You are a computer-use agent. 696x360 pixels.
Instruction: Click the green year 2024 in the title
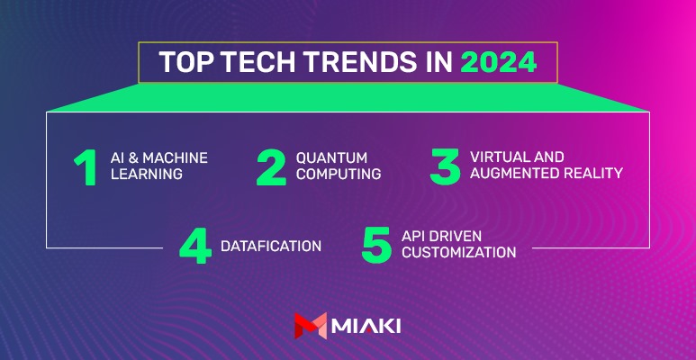[498, 62]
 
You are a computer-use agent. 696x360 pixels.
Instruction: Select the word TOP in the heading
[182, 62]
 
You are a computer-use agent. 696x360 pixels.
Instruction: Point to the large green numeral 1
[86, 168]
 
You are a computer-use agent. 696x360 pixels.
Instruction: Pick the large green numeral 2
[271, 168]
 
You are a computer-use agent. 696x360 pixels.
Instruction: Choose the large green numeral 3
[445, 168]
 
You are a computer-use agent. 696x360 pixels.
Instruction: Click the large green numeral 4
[195, 247]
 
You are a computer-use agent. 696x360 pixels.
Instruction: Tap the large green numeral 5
[376, 246]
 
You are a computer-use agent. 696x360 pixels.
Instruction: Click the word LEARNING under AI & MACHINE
[147, 174]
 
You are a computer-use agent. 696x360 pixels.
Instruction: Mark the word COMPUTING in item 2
[339, 174]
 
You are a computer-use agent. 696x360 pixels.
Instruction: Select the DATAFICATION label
[271, 246]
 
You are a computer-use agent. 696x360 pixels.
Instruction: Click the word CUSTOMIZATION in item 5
[458, 252]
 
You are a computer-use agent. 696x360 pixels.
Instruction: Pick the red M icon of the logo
[311, 326]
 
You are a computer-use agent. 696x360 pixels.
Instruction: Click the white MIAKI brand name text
[366, 327]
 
